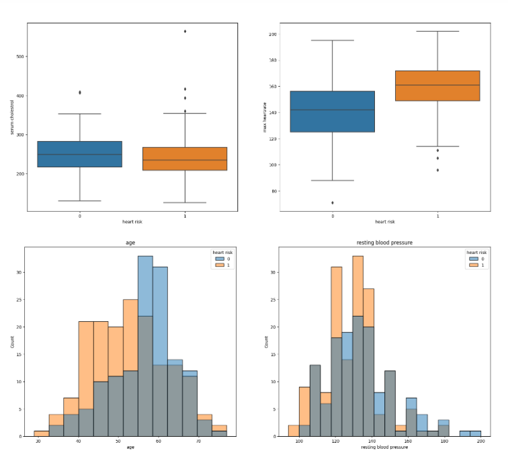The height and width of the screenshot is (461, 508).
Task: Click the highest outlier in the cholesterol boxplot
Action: tap(185, 31)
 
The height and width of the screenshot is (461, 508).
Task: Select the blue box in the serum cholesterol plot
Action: tap(79, 154)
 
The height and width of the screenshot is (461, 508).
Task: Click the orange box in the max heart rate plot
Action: tap(437, 85)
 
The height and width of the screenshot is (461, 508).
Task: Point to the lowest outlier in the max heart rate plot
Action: tap(333, 202)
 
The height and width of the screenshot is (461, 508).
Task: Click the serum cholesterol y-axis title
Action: tap(11, 117)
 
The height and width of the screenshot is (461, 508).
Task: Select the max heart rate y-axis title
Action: tap(265, 117)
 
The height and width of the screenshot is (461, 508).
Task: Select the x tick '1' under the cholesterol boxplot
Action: tap(185, 216)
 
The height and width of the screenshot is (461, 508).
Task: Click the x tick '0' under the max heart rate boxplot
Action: tap(333, 216)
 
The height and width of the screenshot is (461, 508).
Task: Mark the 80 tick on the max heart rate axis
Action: tap(273, 191)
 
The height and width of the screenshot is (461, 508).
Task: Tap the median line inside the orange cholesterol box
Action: tap(185, 160)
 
